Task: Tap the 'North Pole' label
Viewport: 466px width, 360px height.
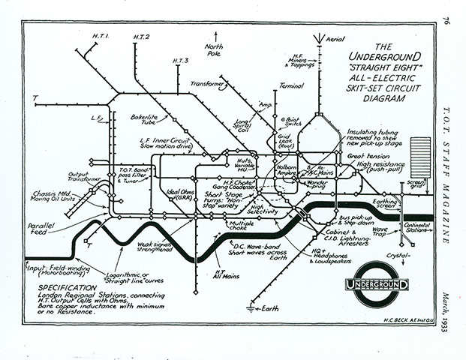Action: [217, 49]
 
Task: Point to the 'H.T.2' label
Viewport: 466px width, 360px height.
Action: [142, 37]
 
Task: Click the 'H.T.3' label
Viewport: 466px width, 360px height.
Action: [181, 60]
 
